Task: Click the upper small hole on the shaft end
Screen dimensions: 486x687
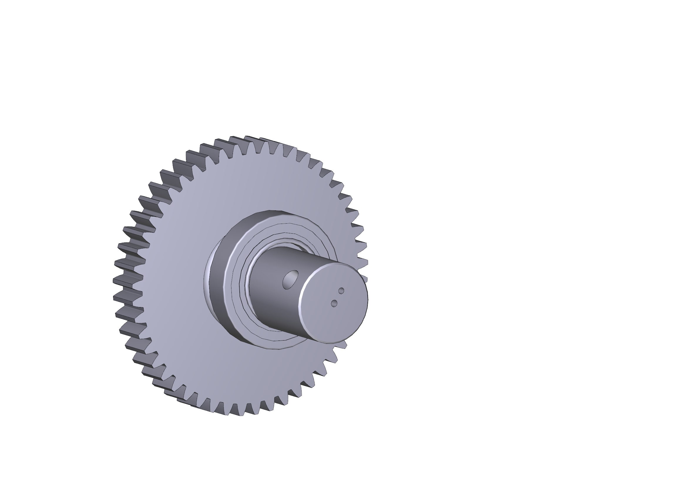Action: click(x=341, y=291)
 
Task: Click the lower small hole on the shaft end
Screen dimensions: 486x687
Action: click(x=334, y=304)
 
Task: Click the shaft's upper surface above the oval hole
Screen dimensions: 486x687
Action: click(x=287, y=257)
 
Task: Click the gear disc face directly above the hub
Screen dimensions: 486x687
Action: click(x=263, y=180)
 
